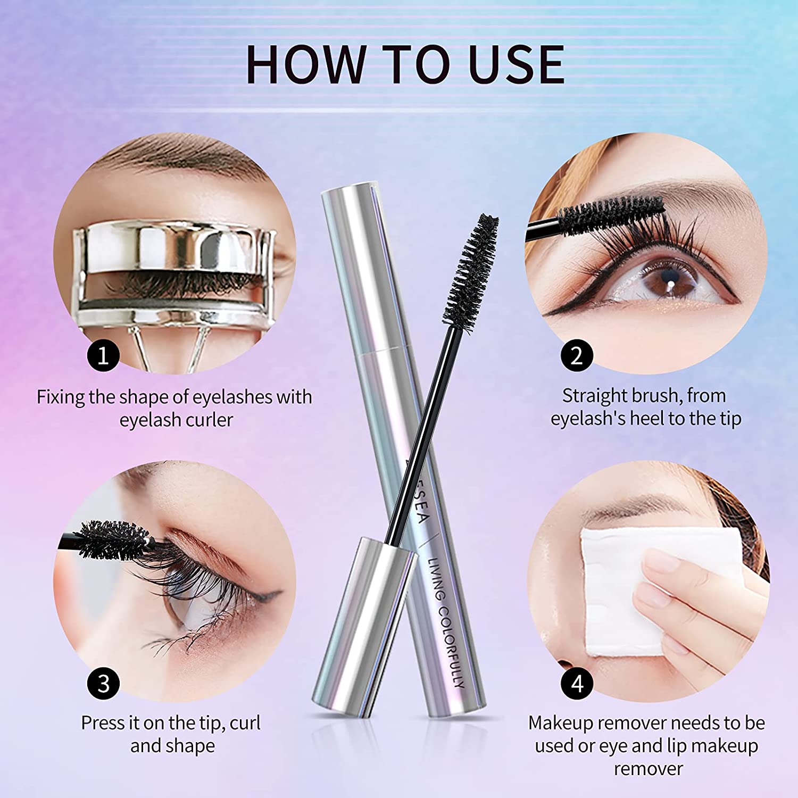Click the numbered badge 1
pyautogui.click(x=103, y=355)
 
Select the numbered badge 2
pyautogui.click(x=577, y=355)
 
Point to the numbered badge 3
pyautogui.click(x=103, y=684)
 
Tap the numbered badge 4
pyautogui.click(x=577, y=684)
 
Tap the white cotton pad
pyautogui.click(x=638, y=575)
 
